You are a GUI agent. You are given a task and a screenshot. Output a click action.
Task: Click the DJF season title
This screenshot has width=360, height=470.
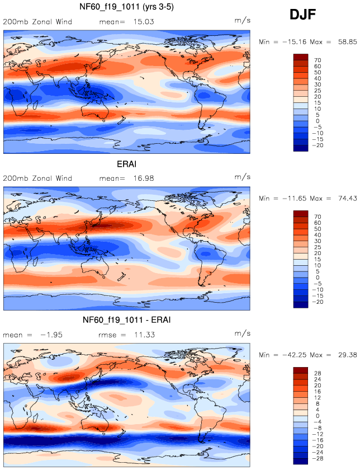(x=302, y=15)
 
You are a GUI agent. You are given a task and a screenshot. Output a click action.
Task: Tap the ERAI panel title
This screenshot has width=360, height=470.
(x=126, y=165)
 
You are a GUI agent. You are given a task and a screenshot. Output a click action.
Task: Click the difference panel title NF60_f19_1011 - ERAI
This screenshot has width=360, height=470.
(x=126, y=320)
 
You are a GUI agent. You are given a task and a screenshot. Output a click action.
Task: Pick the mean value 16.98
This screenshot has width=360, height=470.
(x=143, y=178)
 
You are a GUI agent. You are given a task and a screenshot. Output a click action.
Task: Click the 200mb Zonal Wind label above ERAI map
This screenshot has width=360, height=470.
(x=37, y=178)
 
